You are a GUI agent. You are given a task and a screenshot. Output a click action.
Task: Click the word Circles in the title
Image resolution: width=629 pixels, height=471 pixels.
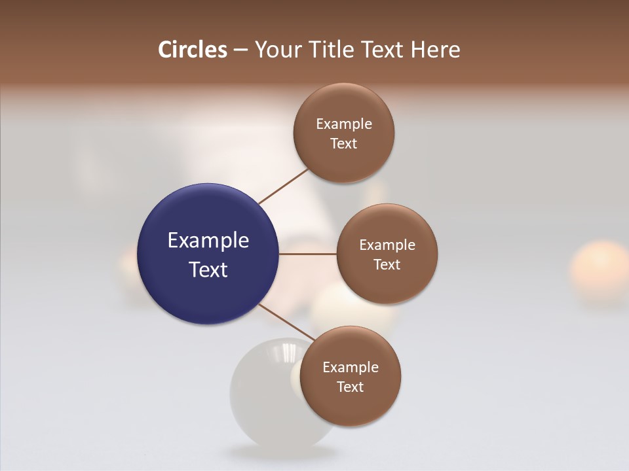click(x=192, y=50)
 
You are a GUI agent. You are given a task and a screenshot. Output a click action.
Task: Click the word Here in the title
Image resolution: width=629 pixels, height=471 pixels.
click(x=435, y=50)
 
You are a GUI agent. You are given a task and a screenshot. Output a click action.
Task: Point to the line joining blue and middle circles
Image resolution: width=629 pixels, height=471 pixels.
click(x=307, y=254)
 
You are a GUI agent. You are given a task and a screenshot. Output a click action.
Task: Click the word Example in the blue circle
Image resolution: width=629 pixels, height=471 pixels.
click(x=208, y=241)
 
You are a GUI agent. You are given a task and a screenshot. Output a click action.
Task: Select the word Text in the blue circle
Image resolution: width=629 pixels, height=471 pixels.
click(x=208, y=270)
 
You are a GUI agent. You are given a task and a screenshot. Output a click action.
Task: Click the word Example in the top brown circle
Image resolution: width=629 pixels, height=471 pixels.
click(x=344, y=124)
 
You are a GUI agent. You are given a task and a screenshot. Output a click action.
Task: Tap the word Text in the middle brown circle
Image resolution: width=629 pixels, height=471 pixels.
click(x=387, y=264)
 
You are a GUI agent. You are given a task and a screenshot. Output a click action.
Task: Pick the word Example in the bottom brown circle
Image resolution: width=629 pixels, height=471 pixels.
click(x=351, y=367)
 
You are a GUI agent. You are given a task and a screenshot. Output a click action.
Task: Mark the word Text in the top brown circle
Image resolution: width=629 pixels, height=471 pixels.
click(x=343, y=144)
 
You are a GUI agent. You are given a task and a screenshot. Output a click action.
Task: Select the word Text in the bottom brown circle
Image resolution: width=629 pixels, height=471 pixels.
click(x=350, y=387)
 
